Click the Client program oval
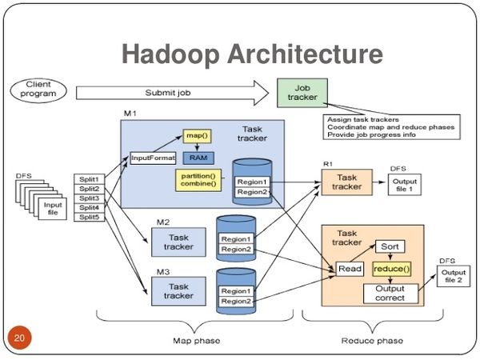click(39, 88)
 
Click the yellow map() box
click(197, 137)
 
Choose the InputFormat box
click(152, 158)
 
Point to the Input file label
click(52, 208)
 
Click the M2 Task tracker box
click(178, 242)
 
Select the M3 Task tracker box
click(178, 291)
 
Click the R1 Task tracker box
click(347, 183)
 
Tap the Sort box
click(390, 247)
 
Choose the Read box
click(350, 270)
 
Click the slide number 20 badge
click(18, 340)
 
